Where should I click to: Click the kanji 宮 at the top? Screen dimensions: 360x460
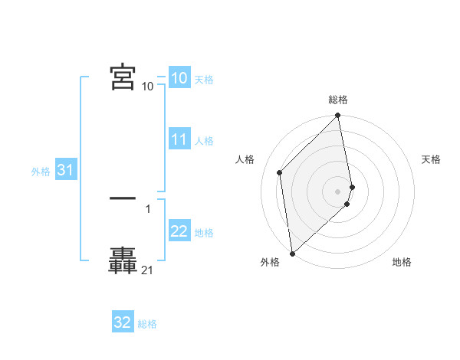123,77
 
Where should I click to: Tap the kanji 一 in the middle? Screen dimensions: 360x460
123,198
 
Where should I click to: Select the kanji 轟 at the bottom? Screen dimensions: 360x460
123,260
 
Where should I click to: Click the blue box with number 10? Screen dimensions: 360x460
179,78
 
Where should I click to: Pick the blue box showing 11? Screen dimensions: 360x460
179,139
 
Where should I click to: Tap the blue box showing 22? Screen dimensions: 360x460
179,232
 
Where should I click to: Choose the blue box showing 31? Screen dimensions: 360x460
65,171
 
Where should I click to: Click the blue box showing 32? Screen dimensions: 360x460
123,322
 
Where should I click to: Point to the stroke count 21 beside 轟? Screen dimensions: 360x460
147,270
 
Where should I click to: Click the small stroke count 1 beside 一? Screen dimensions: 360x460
147,208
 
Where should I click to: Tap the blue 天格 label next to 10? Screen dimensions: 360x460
204,80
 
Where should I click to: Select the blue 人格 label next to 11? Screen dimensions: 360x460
204,141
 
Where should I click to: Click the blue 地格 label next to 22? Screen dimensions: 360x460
204,233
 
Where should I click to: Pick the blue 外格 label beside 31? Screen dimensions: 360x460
41,172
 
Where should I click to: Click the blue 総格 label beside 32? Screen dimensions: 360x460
147,324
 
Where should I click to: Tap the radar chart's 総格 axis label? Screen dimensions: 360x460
338,100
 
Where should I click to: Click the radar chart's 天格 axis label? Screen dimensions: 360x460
431,159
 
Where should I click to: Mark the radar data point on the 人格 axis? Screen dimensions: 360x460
280,172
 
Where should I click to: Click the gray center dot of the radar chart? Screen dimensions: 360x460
338,191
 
